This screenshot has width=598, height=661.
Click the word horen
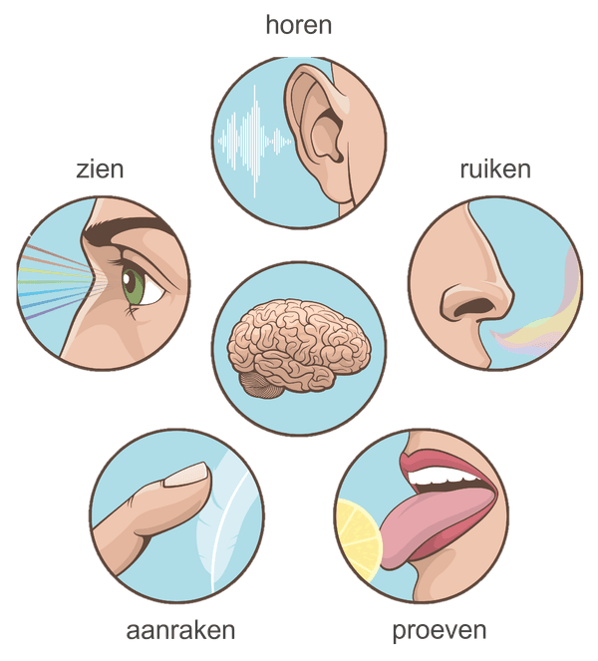[299, 25]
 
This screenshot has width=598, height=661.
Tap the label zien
[100, 169]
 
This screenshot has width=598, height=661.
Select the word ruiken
[495, 169]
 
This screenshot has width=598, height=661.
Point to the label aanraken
[180, 631]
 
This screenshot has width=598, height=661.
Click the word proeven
[440, 632]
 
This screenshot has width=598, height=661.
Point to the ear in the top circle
[320, 135]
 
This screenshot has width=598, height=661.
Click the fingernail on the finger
[186, 475]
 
